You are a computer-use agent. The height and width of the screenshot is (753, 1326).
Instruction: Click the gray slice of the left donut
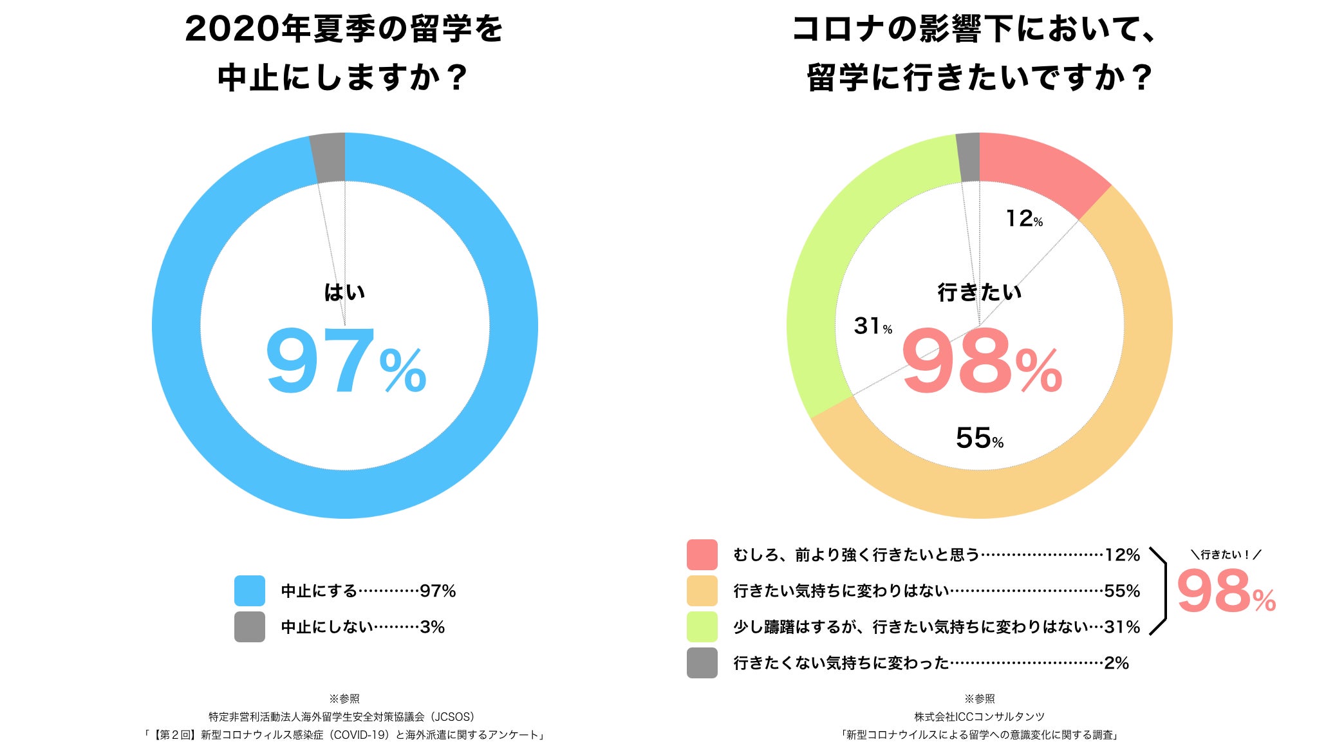328,158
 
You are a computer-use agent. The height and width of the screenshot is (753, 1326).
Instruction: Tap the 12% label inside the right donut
1023,219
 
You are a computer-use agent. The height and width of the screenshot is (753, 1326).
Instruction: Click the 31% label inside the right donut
873,326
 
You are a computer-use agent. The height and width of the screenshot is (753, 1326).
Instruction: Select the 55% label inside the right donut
979,439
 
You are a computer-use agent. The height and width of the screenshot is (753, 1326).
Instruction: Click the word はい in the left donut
344,293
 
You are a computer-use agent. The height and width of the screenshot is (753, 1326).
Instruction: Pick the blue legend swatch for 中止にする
250,591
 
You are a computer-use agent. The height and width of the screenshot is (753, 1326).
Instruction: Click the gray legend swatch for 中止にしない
250,627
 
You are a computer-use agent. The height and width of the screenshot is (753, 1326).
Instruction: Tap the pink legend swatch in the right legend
702,555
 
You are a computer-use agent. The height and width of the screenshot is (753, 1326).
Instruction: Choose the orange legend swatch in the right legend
702,591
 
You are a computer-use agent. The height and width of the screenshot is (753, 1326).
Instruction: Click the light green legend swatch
702,627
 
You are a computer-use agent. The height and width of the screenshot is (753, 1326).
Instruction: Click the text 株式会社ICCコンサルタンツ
979,717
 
